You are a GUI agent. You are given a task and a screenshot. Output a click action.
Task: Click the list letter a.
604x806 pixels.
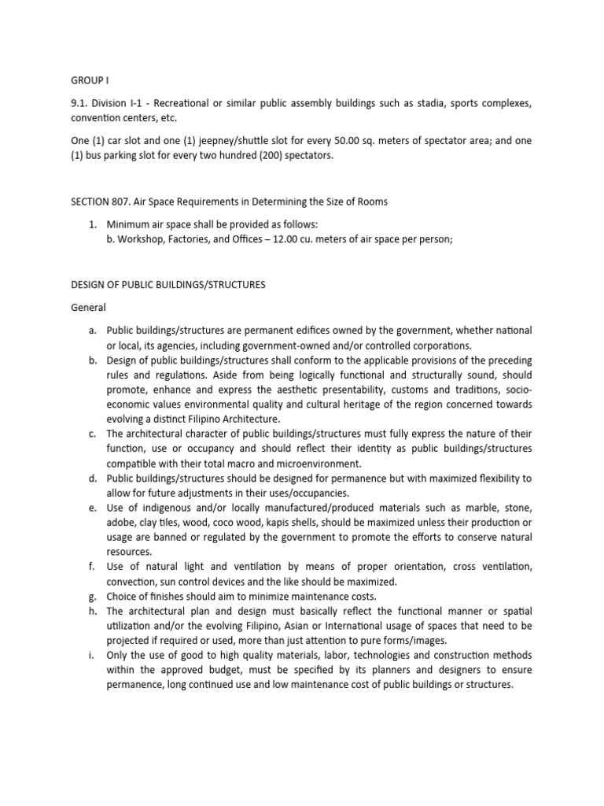point(92,331)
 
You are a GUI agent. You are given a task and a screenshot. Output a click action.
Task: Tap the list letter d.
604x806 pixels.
point(92,479)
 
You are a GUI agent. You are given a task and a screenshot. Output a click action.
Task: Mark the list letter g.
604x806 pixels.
point(92,597)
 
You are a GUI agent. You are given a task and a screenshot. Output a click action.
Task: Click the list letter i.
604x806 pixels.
point(92,655)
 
